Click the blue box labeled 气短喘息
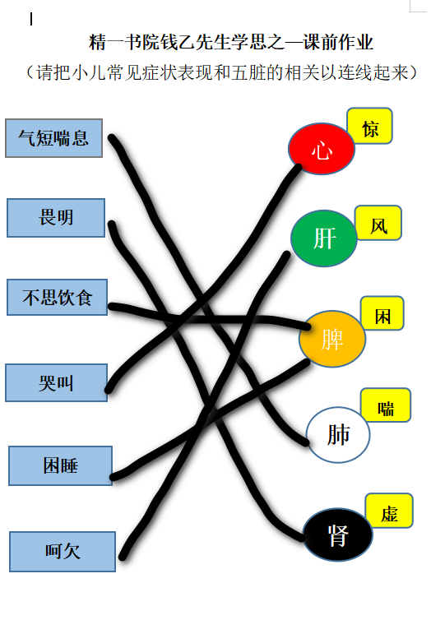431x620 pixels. click(53, 138)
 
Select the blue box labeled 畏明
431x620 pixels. click(56, 218)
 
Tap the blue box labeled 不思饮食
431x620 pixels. click(57, 298)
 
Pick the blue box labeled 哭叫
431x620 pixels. click(56, 382)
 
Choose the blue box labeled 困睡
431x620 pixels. click(61, 465)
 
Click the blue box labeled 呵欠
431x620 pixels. click(63, 552)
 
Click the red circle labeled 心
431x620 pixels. click(322, 149)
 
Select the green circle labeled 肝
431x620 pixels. click(324, 238)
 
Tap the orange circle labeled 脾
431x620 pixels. click(332, 339)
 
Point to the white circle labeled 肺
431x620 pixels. click(338, 434)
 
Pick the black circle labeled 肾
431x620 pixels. click(338, 534)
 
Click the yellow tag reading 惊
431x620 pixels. click(369, 126)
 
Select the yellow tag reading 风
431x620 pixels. click(378, 223)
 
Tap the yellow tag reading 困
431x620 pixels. click(382, 313)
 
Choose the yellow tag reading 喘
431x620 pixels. click(386, 405)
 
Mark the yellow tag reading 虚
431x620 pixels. click(389, 511)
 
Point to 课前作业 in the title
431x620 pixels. click(338, 42)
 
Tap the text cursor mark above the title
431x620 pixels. click(30, 19)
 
